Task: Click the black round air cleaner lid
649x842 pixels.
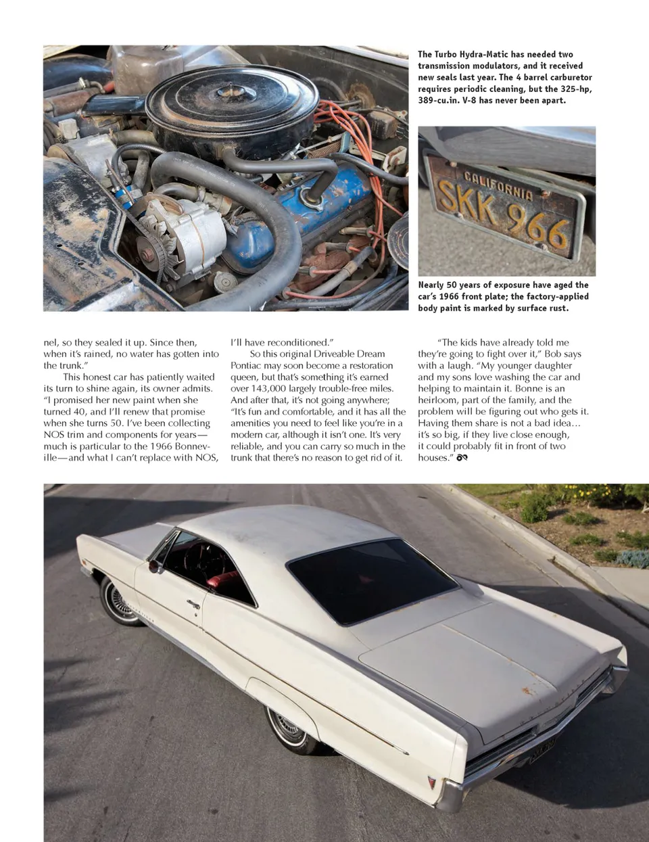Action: [x=233, y=101]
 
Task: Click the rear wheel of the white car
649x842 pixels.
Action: [x=289, y=729]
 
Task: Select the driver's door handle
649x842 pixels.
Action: [x=193, y=604]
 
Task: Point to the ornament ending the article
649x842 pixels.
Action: [x=462, y=458]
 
